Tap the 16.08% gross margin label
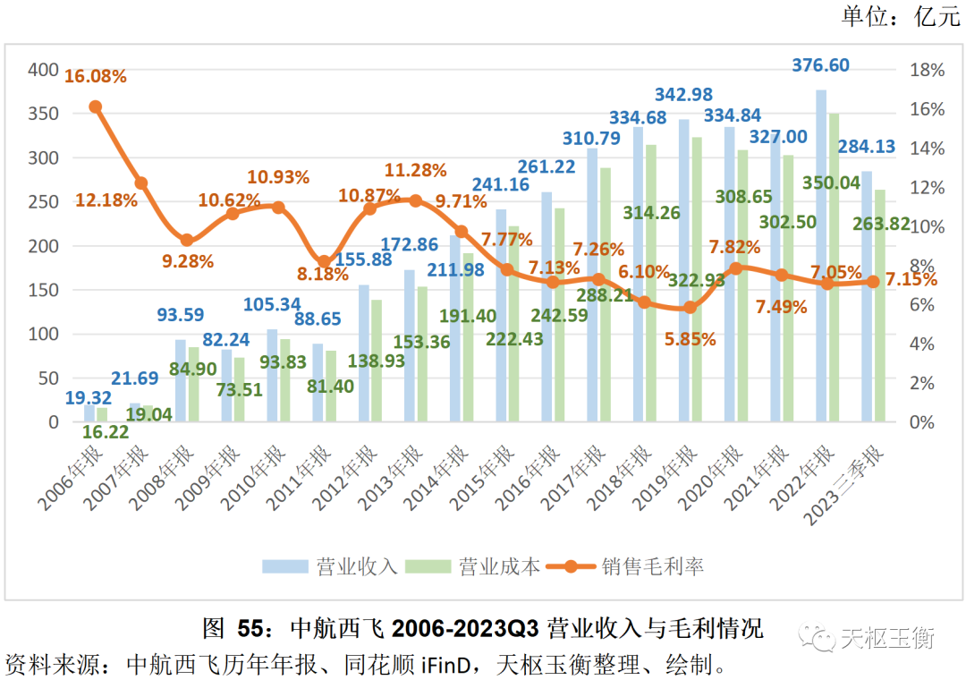(x=95, y=76)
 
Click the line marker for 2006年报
(x=96, y=106)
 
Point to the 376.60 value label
(x=821, y=65)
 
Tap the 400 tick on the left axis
(x=43, y=70)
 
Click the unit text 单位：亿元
(x=900, y=17)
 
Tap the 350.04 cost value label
(x=832, y=183)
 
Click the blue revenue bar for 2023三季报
(x=866, y=296)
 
